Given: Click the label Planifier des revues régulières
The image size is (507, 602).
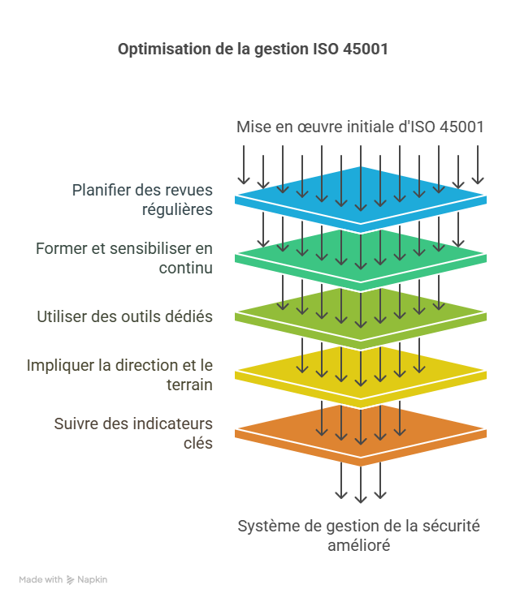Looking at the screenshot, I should (142, 200).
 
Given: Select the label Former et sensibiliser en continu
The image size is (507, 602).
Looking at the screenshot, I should (124, 258).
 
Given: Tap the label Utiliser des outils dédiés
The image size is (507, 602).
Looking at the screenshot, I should (125, 316).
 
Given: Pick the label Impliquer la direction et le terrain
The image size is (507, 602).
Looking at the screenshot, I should (120, 375).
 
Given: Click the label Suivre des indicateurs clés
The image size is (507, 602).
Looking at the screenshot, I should (134, 433).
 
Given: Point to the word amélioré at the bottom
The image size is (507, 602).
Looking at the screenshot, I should (358, 546).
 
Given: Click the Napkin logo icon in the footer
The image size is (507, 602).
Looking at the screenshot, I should (71, 580).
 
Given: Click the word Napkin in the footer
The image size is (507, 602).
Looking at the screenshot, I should (93, 580).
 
